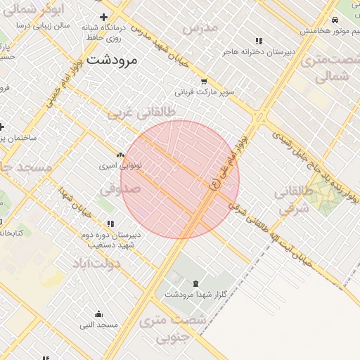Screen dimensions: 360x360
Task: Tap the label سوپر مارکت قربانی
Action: pyautogui.click(x=203, y=91)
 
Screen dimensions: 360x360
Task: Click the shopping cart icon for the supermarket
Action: pyautogui.click(x=204, y=81)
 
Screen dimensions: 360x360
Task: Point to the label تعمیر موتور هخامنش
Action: pyautogui.click(x=330, y=31)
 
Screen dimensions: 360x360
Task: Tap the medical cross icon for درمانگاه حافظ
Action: pyautogui.click(x=104, y=17)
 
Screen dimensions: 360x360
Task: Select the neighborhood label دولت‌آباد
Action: pyautogui.click(x=96, y=263)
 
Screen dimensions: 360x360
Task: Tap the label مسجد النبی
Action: pyautogui.click(x=98, y=325)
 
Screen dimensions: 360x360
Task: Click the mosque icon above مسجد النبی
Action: pyautogui.click(x=98, y=314)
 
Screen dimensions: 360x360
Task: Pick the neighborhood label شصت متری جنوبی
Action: pyautogui.click(x=173, y=330)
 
